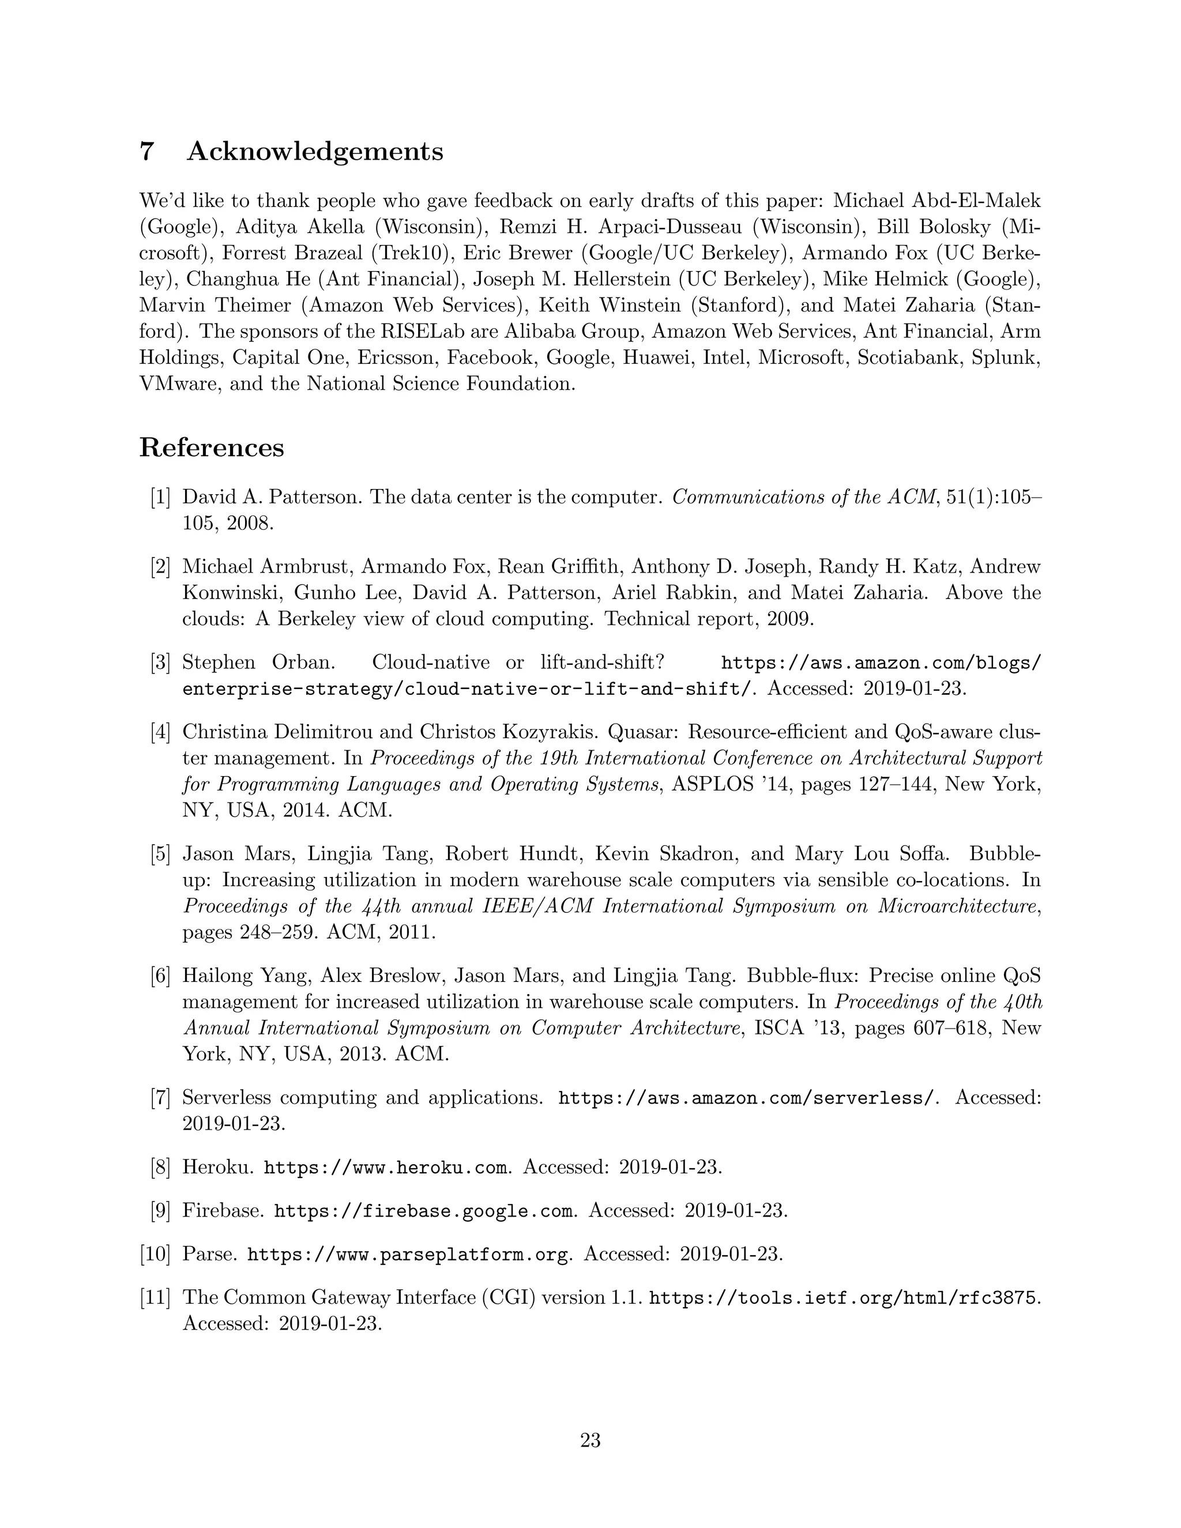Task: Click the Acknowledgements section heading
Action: pyautogui.click(x=314, y=151)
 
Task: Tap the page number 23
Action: pyautogui.click(x=590, y=1440)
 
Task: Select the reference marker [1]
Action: pyautogui.click(x=160, y=498)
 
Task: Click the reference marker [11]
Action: pyautogui.click(x=155, y=1297)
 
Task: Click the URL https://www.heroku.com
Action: pyautogui.click(x=386, y=1168)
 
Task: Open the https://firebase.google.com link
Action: pyautogui.click(x=423, y=1211)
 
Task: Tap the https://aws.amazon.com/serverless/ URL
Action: pyautogui.click(x=746, y=1098)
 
